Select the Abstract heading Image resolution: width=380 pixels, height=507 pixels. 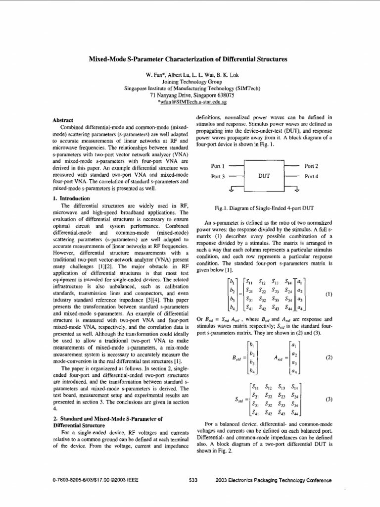(63, 120)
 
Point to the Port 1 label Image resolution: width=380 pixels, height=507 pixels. (218, 166)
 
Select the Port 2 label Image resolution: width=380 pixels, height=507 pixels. (312, 166)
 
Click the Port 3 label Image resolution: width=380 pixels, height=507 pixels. (218, 176)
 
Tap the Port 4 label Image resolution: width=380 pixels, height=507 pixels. (312, 176)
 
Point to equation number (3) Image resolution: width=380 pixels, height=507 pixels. (329, 398)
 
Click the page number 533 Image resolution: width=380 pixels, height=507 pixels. (193, 480)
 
